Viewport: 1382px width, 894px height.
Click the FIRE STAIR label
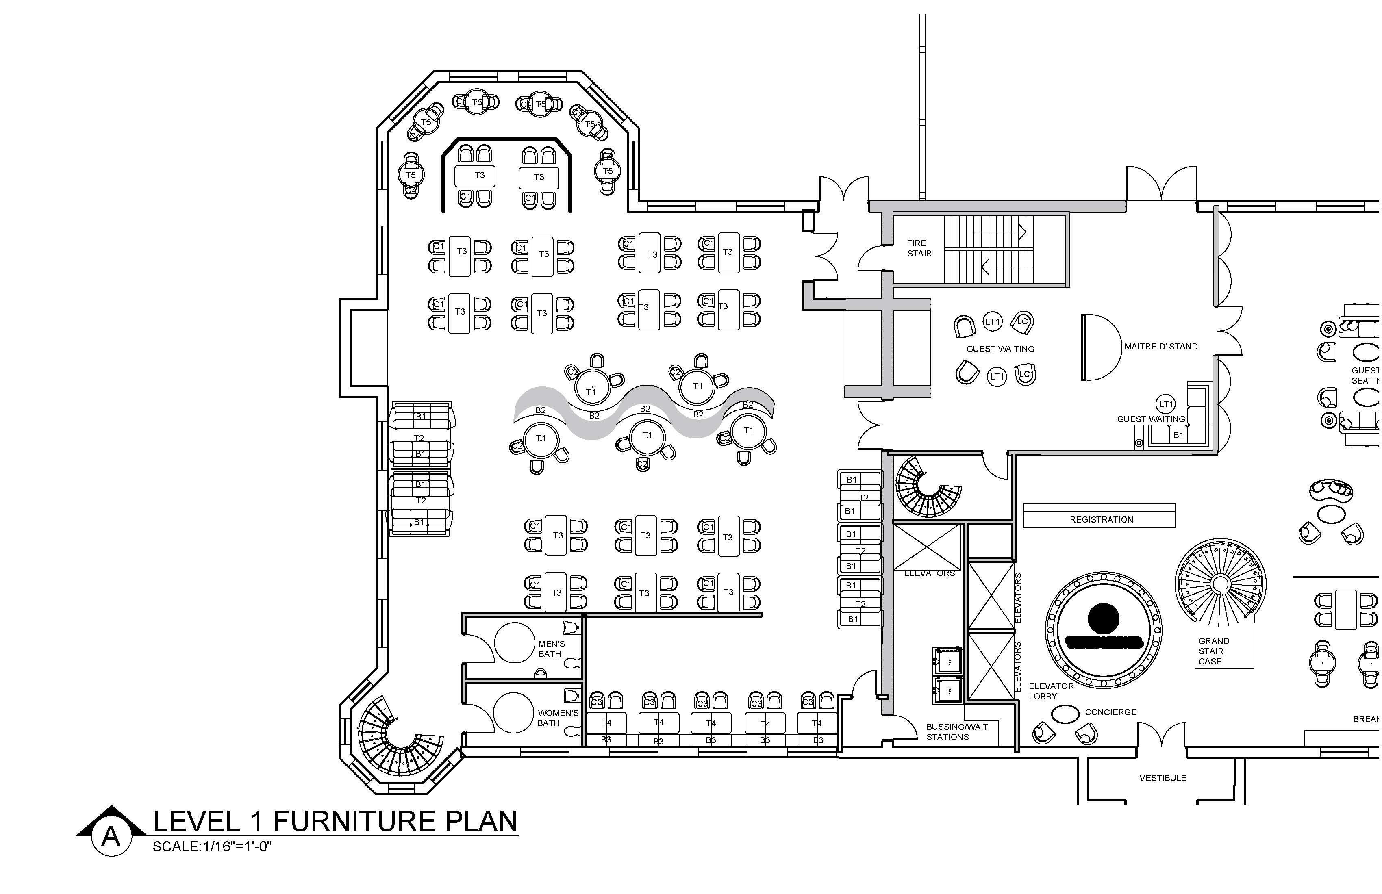click(919, 248)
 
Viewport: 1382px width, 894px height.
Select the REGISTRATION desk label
click(1101, 520)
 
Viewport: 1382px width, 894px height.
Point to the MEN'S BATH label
click(551, 649)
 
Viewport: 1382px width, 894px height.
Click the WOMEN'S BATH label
click(557, 718)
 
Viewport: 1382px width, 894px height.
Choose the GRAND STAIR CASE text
click(1214, 651)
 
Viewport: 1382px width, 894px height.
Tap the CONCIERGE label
click(1110, 712)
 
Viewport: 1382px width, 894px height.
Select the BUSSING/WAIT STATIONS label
click(956, 732)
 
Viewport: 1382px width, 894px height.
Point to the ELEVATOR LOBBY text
click(1051, 691)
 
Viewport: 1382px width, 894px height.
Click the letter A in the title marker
click(111, 837)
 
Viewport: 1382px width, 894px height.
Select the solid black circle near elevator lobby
click(1103, 618)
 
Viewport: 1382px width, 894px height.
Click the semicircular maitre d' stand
click(1100, 347)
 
